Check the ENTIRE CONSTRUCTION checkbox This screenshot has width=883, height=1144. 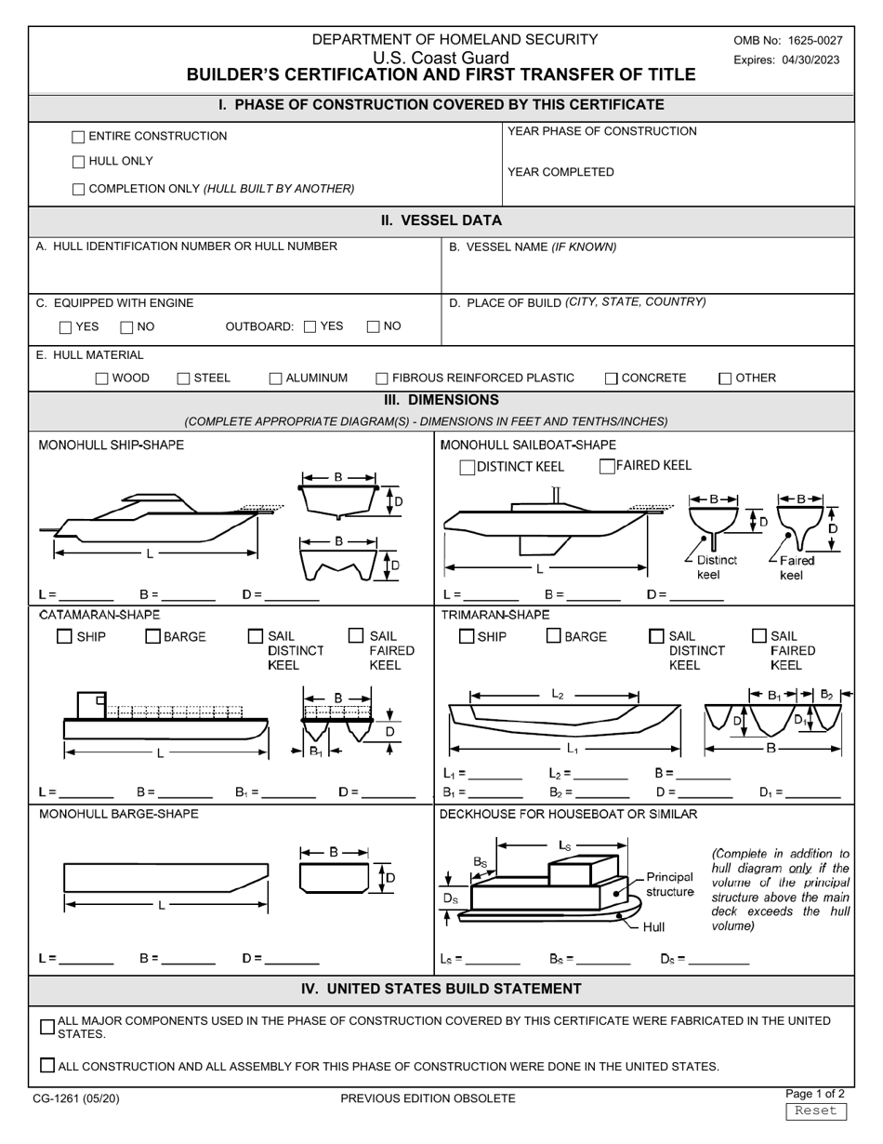pyautogui.click(x=78, y=138)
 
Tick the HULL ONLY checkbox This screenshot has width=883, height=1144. pyautogui.click(x=78, y=163)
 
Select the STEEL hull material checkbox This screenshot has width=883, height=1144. pyautogui.click(x=183, y=379)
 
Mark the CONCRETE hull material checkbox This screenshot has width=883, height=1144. pyautogui.click(x=611, y=379)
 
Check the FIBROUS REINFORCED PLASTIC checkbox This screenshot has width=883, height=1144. pyautogui.click(x=382, y=379)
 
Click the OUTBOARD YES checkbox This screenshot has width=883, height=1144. pyautogui.click(x=310, y=326)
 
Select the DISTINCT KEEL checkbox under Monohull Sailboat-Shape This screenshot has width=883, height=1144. pyautogui.click(x=468, y=468)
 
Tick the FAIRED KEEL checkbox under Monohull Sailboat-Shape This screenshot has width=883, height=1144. pyautogui.click(x=607, y=467)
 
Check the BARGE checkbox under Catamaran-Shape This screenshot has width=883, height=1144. pyautogui.click(x=153, y=637)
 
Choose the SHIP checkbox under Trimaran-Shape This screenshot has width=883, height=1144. pyautogui.click(x=467, y=637)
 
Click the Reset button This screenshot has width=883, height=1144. pyautogui.click(x=816, y=1111)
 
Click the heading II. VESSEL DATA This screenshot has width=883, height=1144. pyautogui.click(x=441, y=220)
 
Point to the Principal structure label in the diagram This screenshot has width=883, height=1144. pyautogui.click(x=669, y=885)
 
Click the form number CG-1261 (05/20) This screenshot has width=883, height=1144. pyautogui.click(x=76, y=1098)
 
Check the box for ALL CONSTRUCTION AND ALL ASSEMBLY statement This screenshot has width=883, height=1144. pyautogui.click(x=48, y=1066)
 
